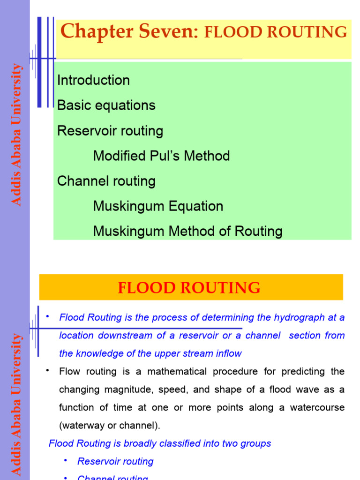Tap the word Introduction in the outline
pyautogui.click(x=93, y=80)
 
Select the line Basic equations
pyautogui.click(x=106, y=105)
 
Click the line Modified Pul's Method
pyautogui.click(x=161, y=156)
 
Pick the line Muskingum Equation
pyautogui.click(x=158, y=206)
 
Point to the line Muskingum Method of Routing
pyautogui.click(x=187, y=231)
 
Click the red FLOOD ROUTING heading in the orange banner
pyautogui.click(x=189, y=287)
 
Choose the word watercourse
pyautogui.click(x=317, y=407)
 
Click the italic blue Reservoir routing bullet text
pyautogui.click(x=115, y=461)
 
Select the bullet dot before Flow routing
pyautogui.click(x=48, y=371)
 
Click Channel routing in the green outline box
pyautogui.click(x=106, y=181)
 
